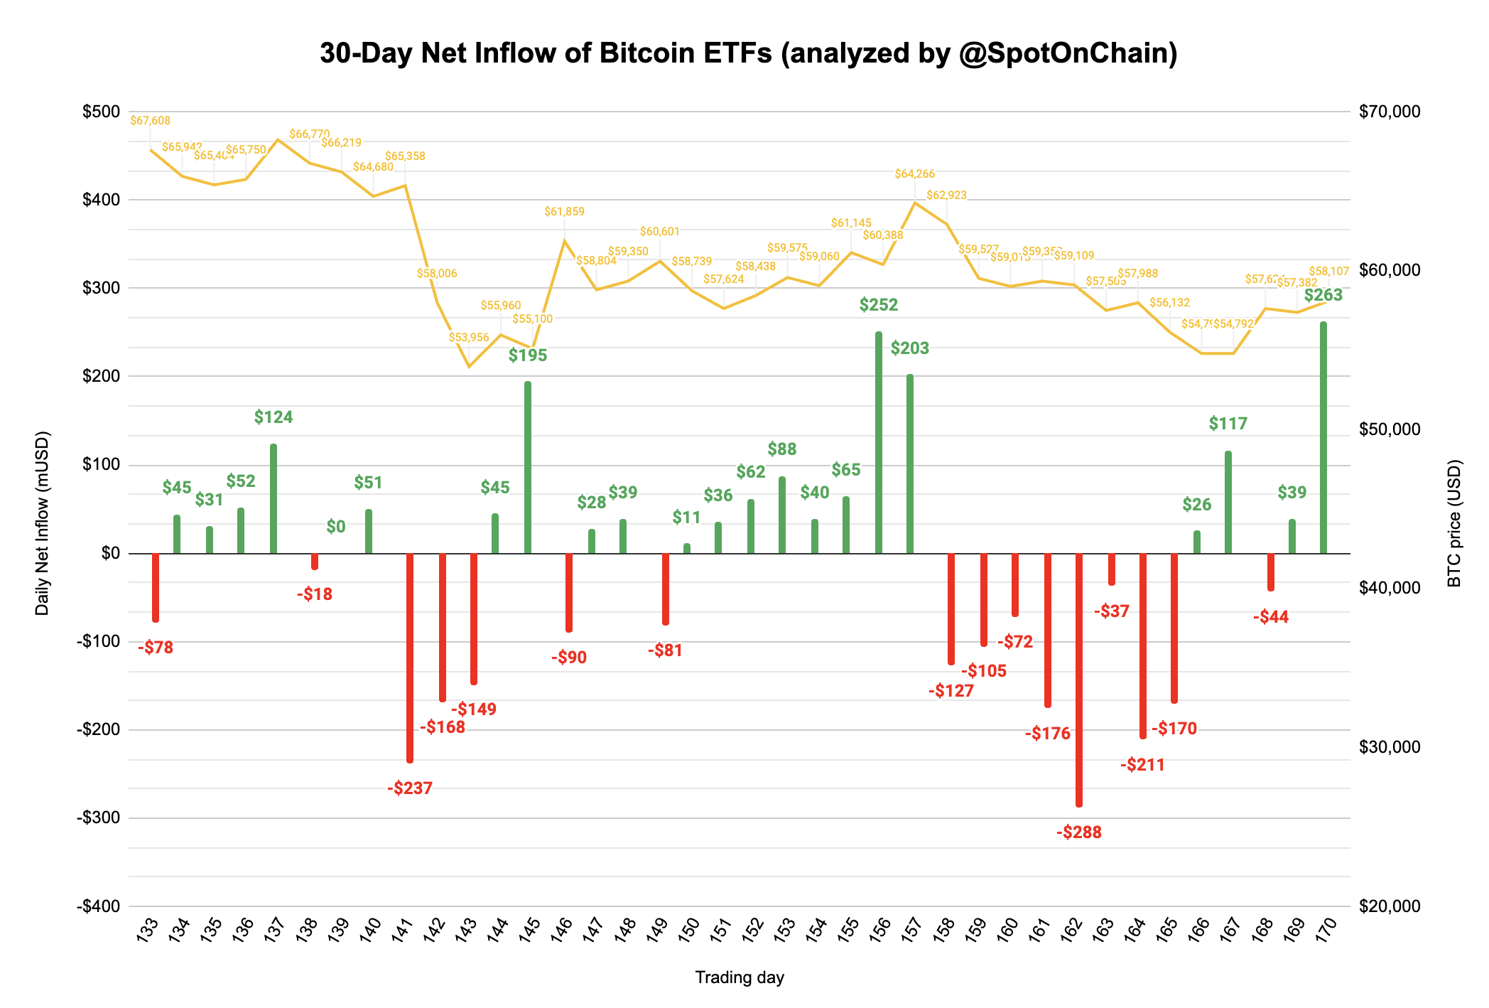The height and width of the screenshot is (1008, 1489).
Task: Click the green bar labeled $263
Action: tap(1323, 437)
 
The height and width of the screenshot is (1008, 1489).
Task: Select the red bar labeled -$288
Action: tap(1079, 679)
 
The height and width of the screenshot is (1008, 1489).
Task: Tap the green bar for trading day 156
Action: tap(879, 442)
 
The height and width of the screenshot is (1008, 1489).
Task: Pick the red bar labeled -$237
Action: tap(410, 658)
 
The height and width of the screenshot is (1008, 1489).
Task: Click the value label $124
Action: tap(274, 417)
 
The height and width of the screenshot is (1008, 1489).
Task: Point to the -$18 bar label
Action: tap(315, 594)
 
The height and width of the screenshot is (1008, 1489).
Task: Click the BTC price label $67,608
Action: tap(150, 121)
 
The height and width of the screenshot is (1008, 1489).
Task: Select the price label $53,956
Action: tap(469, 337)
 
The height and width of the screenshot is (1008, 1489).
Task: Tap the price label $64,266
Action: tap(914, 173)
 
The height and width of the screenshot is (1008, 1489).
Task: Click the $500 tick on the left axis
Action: tap(101, 112)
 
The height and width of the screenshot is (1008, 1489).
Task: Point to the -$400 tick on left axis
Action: tap(98, 906)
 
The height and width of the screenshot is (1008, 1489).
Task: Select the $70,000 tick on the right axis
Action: tap(1389, 112)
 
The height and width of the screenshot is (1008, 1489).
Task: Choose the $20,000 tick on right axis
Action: tap(1389, 906)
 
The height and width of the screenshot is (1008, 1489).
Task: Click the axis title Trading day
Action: tap(739, 977)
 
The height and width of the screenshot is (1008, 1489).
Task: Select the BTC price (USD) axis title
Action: tap(1454, 523)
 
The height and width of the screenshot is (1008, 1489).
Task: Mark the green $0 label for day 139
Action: tap(336, 527)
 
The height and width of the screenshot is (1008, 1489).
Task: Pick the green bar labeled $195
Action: tap(528, 467)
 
